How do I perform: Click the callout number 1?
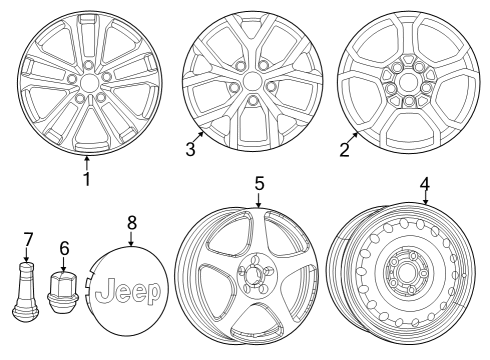(86, 180)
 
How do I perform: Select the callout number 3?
(190, 149)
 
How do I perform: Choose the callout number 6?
(65, 247)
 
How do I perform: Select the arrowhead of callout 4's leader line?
(426, 203)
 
